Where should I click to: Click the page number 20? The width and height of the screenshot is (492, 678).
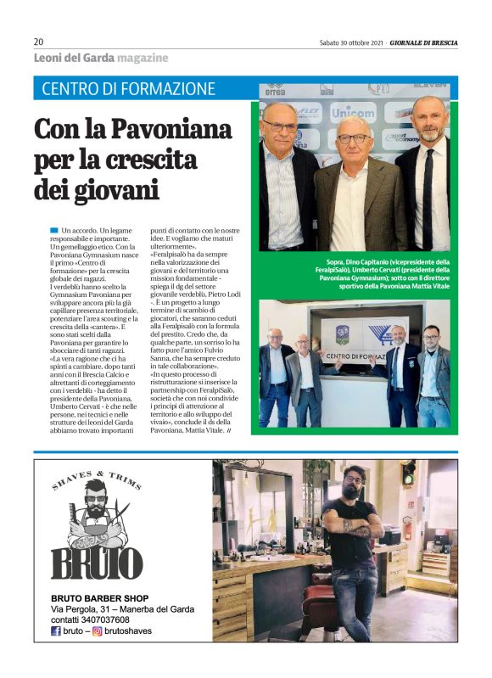(x=38, y=42)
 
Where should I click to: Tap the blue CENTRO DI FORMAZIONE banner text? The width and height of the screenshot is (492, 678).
(x=128, y=88)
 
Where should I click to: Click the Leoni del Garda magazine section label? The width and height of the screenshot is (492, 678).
(x=100, y=58)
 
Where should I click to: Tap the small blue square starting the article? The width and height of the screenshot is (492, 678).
(x=55, y=230)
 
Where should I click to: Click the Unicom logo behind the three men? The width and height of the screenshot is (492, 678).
(x=351, y=112)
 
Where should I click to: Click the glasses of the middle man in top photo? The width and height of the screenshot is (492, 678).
(x=353, y=138)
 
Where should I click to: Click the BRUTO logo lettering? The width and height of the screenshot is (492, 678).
(x=97, y=563)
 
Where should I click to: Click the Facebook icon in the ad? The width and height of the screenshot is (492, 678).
(x=56, y=632)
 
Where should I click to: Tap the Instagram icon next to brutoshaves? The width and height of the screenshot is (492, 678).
(x=98, y=632)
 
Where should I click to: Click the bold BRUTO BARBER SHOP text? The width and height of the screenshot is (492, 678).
(x=99, y=597)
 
